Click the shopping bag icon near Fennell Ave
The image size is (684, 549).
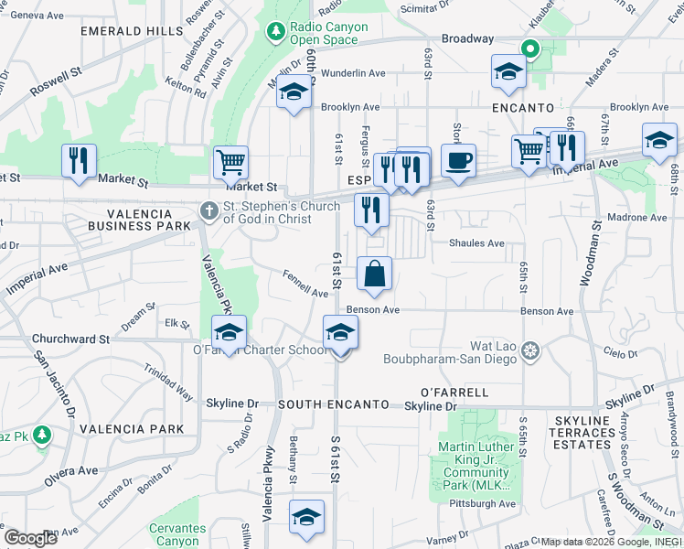click(374, 274)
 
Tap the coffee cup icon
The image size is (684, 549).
click(458, 160)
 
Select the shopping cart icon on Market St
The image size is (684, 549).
click(230, 163)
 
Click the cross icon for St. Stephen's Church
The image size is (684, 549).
click(208, 212)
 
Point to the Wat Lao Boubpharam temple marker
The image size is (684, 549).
click(531, 349)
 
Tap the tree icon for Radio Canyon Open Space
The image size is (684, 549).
click(276, 33)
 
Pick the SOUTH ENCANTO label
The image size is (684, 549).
click(334, 404)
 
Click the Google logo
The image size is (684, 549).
click(29, 538)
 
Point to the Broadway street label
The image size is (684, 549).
click(467, 39)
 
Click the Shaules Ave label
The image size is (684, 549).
click(476, 243)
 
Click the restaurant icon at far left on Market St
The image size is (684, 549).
click(78, 161)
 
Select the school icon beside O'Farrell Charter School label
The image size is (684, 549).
click(229, 331)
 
